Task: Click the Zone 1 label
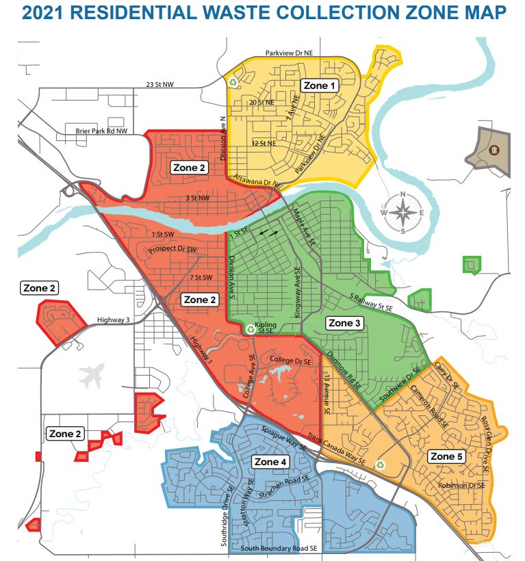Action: pyautogui.click(x=320, y=86)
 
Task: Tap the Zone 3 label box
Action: pyautogui.click(x=344, y=322)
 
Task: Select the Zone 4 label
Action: pyautogui.click(x=270, y=462)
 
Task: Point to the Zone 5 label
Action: pyautogui.click(x=446, y=456)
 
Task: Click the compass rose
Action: pyautogui.click(x=403, y=213)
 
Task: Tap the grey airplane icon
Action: pyautogui.click(x=94, y=376)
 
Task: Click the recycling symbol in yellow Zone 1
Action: pyautogui.click(x=233, y=82)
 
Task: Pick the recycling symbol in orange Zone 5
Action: pyautogui.click(x=380, y=465)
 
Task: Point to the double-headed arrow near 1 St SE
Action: pyautogui.click(x=268, y=234)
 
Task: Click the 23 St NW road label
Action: pyautogui.click(x=160, y=85)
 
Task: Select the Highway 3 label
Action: pyautogui.click(x=114, y=319)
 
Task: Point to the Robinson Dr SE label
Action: pyautogui.click(x=462, y=485)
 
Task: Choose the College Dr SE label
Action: pyautogui.click(x=290, y=360)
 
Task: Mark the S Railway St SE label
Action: pyautogui.click(x=372, y=302)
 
